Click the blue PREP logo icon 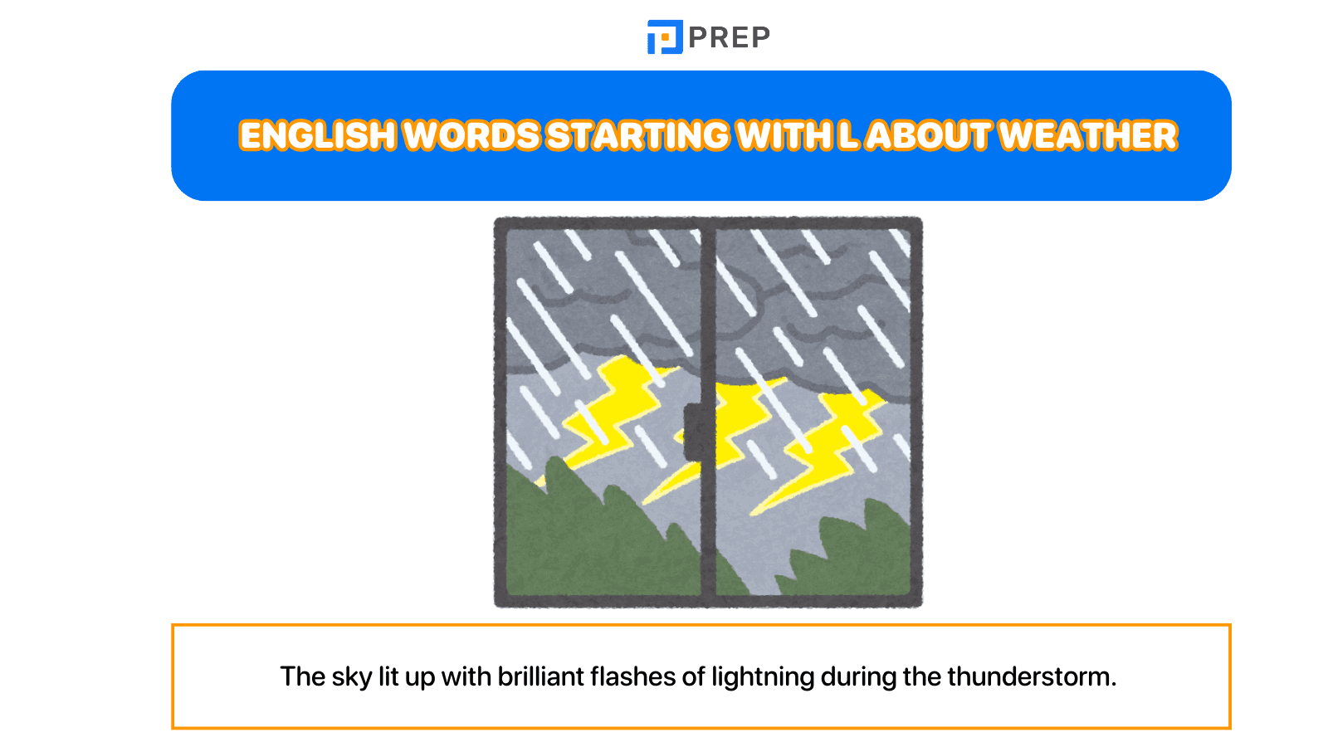[x=665, y=37]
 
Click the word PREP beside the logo [x=730, y=37]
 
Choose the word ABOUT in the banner [x=928, y=136]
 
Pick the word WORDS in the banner [x=471, y=136]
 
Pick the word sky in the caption [x=352, y=677]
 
